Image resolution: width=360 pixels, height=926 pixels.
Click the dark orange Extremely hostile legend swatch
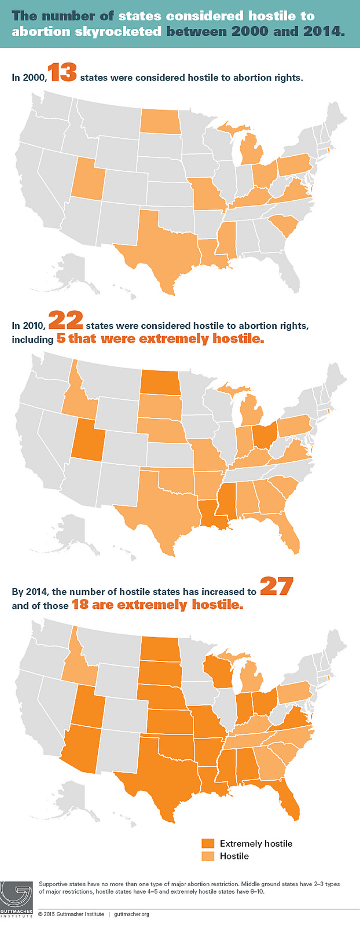tap(208, 843)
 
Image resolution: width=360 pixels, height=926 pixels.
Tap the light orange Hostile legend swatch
tap(208, 856)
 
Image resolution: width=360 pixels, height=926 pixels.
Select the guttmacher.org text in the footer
tap(132, 914)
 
